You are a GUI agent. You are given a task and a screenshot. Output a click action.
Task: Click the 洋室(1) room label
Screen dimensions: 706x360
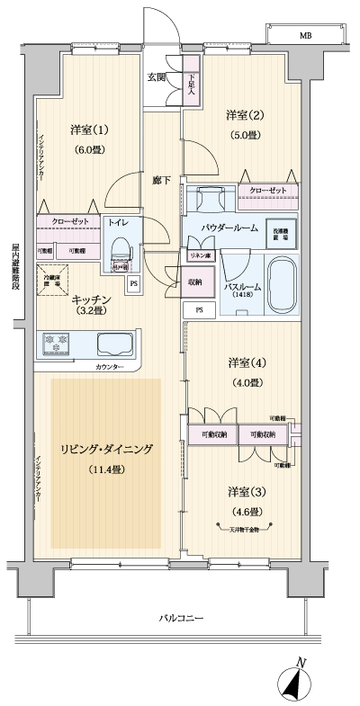click(x=88, y=130)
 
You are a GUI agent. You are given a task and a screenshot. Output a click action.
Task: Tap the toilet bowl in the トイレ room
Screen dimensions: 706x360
click(x=119, y=247)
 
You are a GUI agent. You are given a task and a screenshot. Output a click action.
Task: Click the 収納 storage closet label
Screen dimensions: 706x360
click(x=195, y=282)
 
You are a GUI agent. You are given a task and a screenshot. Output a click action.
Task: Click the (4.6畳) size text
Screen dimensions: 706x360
click(x=244, y=512)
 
